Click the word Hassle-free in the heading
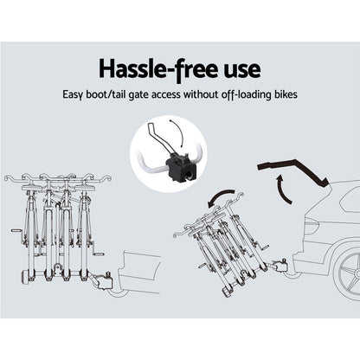click(158, 70)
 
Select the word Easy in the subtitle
click(73, 95)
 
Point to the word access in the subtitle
click(166, 95)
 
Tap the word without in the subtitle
click(201, 94)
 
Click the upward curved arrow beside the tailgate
click(283, 189)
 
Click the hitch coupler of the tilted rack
click(280, 265)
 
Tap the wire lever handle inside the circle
click(158, 136)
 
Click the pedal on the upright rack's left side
click(15, 230)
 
